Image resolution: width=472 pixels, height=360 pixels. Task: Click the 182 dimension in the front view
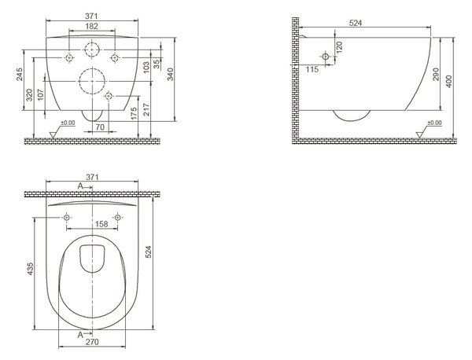91,26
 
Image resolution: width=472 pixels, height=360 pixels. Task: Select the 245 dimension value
20,75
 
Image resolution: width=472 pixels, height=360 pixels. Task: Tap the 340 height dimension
171,75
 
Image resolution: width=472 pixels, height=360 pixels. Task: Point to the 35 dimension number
157,64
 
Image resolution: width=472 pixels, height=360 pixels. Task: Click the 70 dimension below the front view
100,127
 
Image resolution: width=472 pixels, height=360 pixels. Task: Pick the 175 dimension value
134,113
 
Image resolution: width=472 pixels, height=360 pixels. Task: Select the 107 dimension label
41,94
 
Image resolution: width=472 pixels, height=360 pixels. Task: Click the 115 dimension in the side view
312,69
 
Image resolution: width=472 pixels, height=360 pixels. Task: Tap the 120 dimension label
339,47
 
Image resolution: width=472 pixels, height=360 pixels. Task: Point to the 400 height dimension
448,82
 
